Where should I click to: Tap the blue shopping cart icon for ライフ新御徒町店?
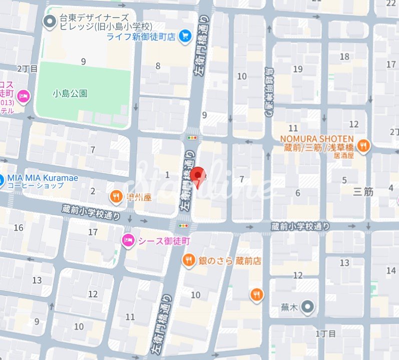[x=186, y=36]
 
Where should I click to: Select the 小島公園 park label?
[x=70, y=93]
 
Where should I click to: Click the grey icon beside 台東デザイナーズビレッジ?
[x=50, y=21]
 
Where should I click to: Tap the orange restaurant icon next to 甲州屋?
[x=116, y=197]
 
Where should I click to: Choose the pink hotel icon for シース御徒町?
[x=128, y=241]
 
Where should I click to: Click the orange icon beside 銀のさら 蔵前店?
[x=189, y=260]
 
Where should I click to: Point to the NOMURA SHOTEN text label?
[x=316, y=138]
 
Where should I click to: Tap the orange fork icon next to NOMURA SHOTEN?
[x=364, y=146]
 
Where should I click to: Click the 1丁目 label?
[x=326, y=333]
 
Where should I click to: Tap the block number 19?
[x=298, y=69]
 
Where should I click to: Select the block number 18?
[x=344, y=57]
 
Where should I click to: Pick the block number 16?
[x=19, y=228]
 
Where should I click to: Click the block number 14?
[x=391, y=270]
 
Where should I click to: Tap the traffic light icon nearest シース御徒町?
[x=186, y=226]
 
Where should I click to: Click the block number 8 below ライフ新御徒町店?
[x=158, y=66]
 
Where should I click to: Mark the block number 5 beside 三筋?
[x=344, y=180]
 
